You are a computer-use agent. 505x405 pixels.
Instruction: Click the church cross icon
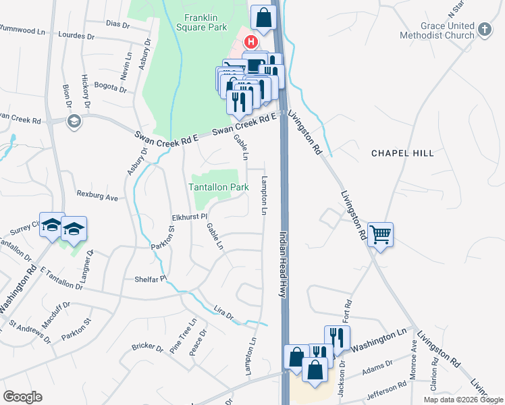tap(483, 29)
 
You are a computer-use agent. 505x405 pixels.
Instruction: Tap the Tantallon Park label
tap(218, 187)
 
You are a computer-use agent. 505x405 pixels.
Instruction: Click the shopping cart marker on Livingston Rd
tap(381, 236)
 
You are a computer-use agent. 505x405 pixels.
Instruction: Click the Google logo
tap(22, 397)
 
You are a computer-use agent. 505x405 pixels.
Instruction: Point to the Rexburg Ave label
tap(97, 198)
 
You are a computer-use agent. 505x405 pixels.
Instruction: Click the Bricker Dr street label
tap(147, 349)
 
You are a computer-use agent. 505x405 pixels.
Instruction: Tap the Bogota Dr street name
tap(111, 88)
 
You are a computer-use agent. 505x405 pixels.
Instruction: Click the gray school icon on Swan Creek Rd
tap(74, 122)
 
